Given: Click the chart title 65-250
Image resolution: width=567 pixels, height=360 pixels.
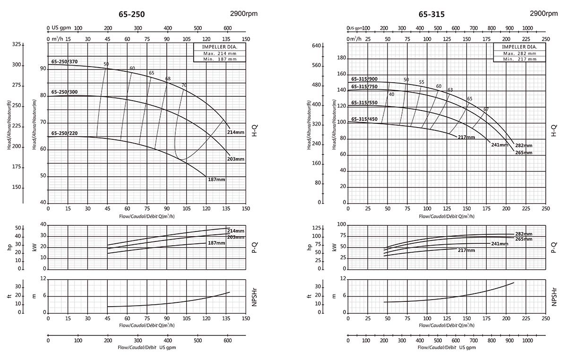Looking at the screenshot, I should click(x=131, y=14).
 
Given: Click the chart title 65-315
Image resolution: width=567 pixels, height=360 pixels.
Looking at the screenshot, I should click(x=431, y=14).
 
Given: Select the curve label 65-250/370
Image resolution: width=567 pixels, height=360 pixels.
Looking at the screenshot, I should click(x=64, y=62).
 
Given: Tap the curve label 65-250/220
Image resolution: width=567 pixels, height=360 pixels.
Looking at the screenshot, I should click(x=64, y=134).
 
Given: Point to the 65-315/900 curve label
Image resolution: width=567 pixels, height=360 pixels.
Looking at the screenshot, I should click(x=364, y=79).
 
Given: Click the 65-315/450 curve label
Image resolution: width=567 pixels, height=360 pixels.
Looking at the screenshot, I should click(x=364, y=119).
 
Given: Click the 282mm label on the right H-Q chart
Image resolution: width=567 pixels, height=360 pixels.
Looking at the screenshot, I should click(x=524, y=146).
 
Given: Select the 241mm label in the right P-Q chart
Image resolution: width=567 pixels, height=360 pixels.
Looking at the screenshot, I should click(x=499, y=244).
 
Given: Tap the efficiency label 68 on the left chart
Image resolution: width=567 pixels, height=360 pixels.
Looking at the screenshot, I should click(x=168, y=79).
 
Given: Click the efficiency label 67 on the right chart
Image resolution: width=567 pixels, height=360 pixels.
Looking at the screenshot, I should click(x=486, y=109).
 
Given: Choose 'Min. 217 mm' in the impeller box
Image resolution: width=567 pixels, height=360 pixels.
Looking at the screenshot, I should click(x=520, y=59).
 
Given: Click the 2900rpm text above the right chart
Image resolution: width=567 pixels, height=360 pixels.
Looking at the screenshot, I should click(x=543, y=13).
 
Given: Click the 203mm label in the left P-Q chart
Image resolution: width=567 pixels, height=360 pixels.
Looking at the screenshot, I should click(x=236, y=237).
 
